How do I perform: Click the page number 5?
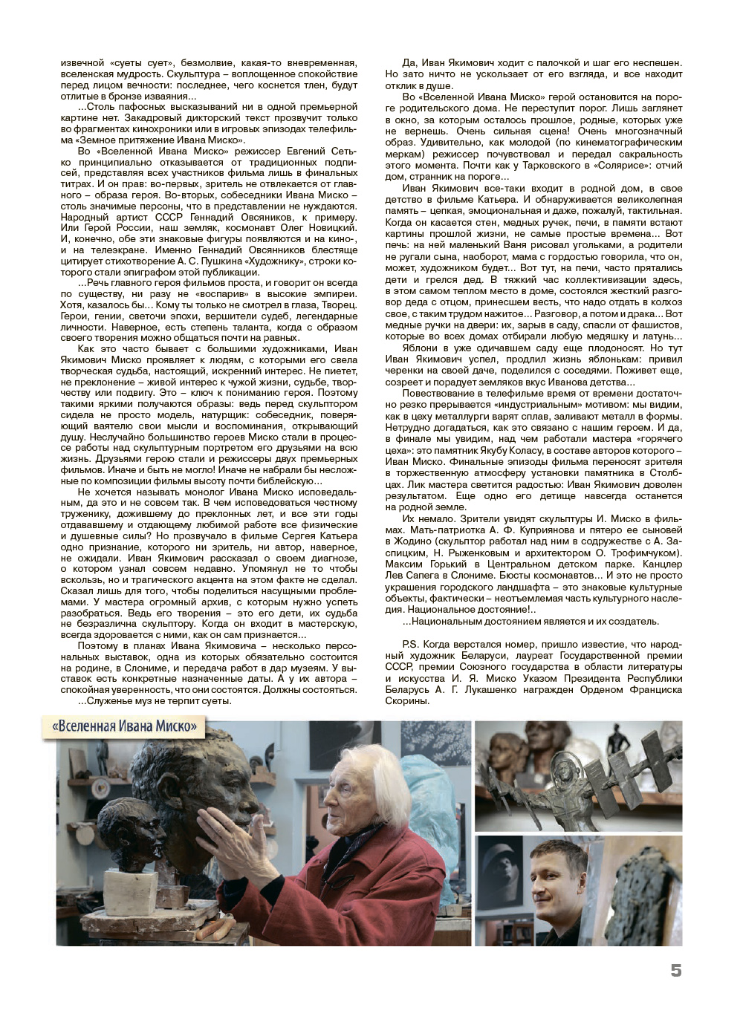point(675,971)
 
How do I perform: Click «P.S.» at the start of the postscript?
point(411,644)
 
